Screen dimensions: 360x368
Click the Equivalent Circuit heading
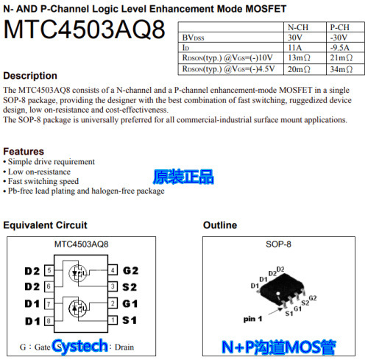[x=45, y=225]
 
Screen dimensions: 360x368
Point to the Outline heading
[x=219, y=225]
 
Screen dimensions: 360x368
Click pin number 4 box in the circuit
[x=112, y=270]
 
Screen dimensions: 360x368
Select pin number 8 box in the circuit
[x=49, y=321]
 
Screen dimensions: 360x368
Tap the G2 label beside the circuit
[x=131, y=270]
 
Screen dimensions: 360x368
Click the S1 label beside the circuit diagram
[x=130, y=321]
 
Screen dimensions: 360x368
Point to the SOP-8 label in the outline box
[x=278, y=244]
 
